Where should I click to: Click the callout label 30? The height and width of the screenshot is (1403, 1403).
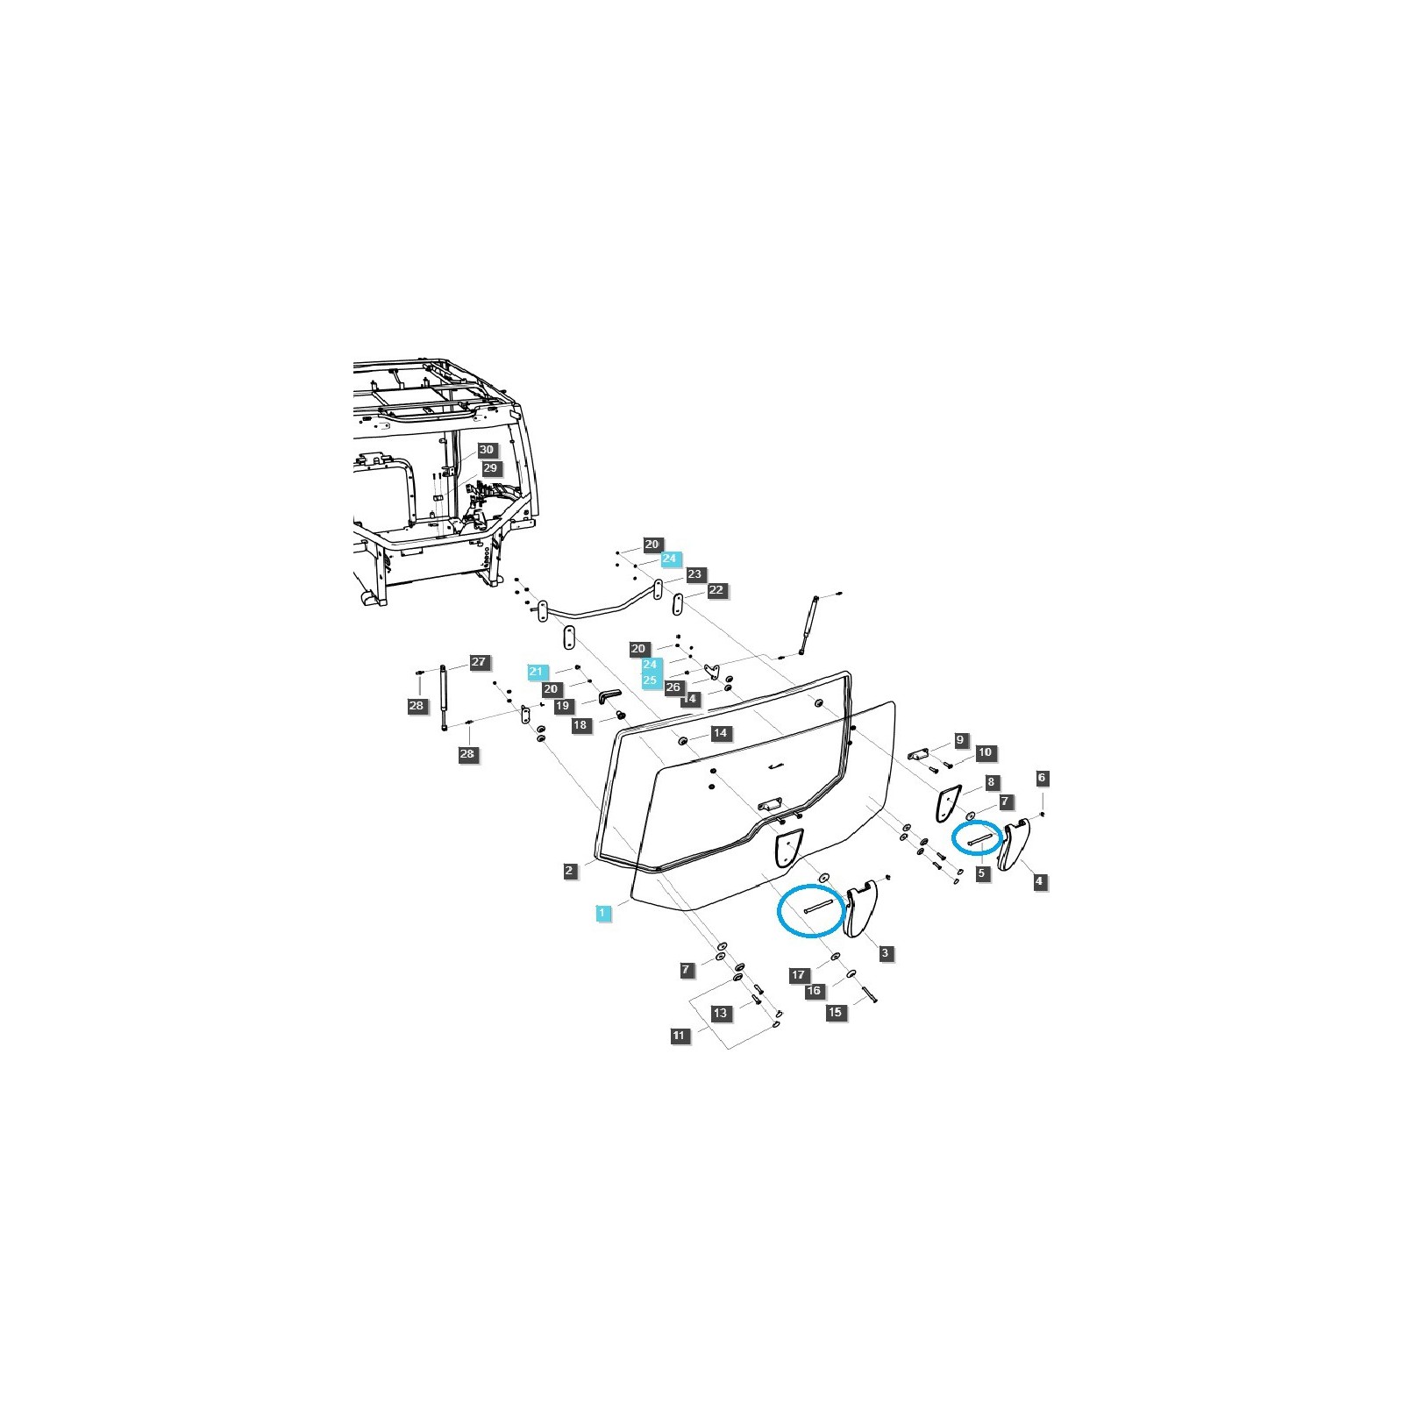(x=487, y=450)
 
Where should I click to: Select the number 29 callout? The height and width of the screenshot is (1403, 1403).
(x=490, y=468)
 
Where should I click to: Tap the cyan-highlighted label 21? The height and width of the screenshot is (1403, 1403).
(x=537, y=672)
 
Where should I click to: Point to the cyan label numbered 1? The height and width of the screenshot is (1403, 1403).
(x=602, y=913)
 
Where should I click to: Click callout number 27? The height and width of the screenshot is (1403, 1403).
(x=479, y=662)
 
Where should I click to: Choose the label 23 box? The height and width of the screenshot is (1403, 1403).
(x=694, y=574)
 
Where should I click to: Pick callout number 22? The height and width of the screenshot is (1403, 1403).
(x=716, y=590)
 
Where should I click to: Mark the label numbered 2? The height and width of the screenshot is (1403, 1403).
(x=570, y=871)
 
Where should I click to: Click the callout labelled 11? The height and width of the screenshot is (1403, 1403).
(x=679, y=1036)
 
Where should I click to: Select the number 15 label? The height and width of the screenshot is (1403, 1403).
(x=835, y=1012)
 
